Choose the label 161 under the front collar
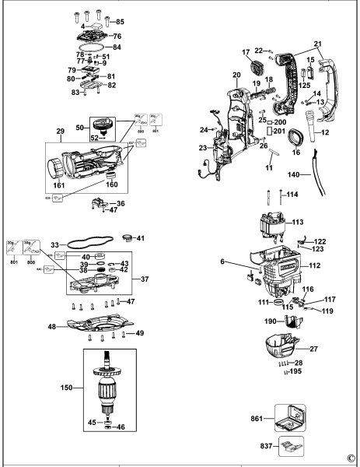pyautogui.click(x=59, y=188)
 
